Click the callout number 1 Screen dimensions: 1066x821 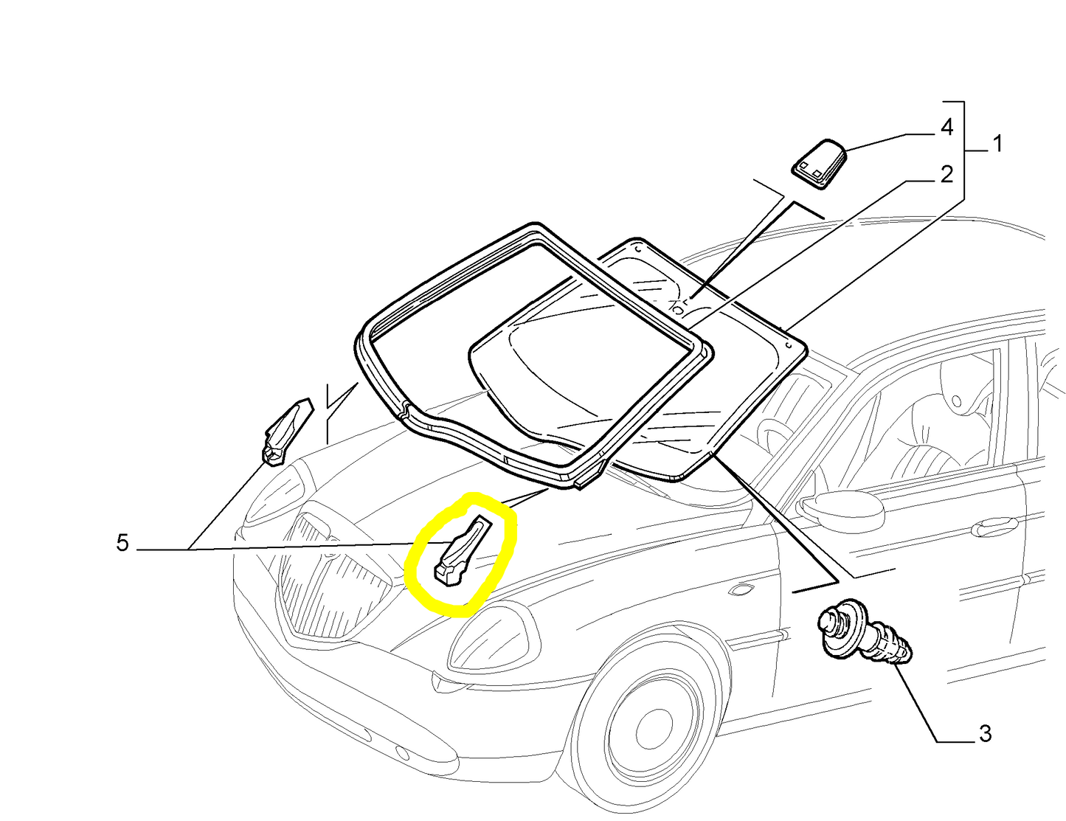click(997, 144)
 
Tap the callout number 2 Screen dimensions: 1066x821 click(946, 175)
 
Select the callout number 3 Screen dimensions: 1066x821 click(985, 734)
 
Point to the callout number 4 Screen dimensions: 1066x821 click(946, 128)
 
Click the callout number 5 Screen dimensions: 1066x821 click(122, 543)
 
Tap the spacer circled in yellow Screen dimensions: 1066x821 click(463, 551)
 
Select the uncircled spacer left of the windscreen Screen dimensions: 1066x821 click(287, 431)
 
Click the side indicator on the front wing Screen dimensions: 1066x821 click(747, 590)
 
